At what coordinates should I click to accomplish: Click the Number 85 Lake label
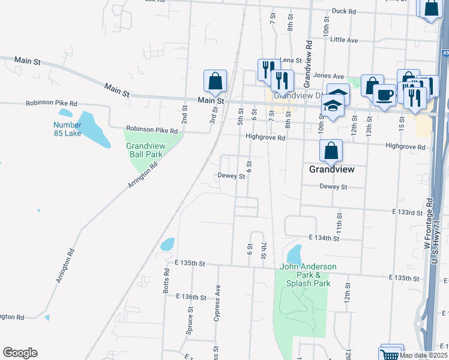click(x=67, y=129)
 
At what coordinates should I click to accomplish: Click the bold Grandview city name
click(x=331, y=170)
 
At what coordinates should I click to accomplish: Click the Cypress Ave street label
click(x=217, y=303)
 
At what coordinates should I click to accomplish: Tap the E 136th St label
click(x=191, y=297)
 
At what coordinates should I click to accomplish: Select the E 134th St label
click(x=324, y=238)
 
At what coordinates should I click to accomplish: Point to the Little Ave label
click(x=344, y=40)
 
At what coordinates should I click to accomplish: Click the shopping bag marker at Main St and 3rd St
click(x=215, y=82)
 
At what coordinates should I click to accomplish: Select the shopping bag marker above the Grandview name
click(x=331, y=151)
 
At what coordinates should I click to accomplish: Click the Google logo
click(x=20, y=353)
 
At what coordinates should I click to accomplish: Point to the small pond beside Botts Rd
click(x=167, y=244)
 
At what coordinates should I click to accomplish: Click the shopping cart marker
click(x=390, y=355)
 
